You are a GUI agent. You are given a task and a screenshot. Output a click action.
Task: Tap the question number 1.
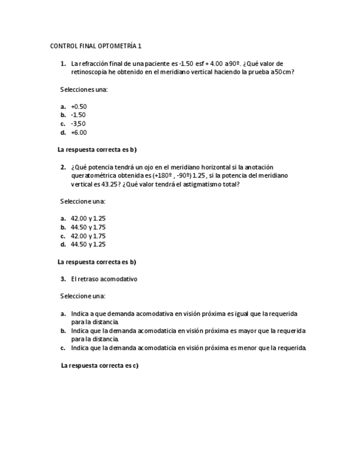point(63,64)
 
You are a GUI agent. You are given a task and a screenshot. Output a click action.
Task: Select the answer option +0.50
point(79,107)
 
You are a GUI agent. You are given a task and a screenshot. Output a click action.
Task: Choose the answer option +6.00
point(79,132)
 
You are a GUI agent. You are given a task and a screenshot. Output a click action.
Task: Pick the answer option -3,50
point(78,124)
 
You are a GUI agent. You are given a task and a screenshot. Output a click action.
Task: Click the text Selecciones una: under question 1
point(84,89)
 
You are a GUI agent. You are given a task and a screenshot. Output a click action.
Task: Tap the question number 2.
point(63,167)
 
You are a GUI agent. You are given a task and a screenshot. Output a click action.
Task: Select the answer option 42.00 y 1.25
point(88,218)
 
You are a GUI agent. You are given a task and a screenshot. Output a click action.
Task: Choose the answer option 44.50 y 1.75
point(88,227)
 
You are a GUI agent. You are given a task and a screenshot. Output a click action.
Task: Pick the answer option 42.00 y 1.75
point(88,236)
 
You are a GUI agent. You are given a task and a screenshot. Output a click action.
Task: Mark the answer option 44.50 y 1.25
point(88,245)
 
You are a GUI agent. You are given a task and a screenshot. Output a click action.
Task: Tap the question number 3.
point(63,279)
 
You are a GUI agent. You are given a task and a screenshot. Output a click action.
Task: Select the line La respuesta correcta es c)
point(99,365)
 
